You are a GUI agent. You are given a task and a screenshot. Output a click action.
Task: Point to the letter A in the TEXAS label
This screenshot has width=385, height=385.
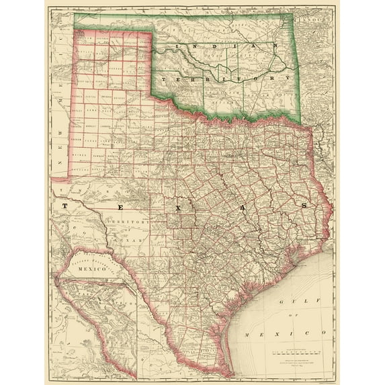(241, 207)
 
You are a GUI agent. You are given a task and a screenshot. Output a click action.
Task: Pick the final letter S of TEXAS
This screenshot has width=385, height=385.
(304, 205)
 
